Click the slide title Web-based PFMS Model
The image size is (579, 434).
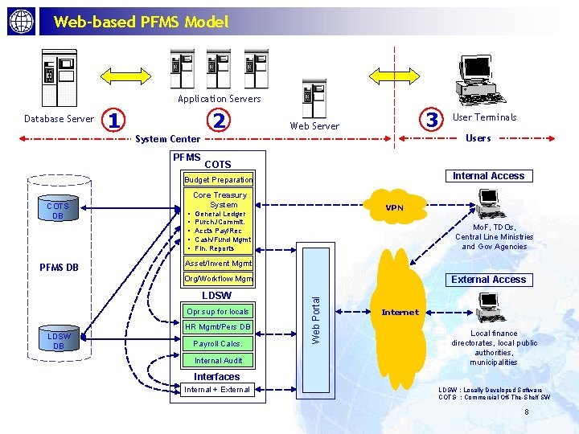pyautogui.click(x=141, y=23)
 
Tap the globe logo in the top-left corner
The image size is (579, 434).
pyautogui.click(x=22, y=22)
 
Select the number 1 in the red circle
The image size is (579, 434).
pyautogui.click(x=116, y=120)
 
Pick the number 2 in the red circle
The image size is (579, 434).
pyautogui.click(x=218, y=120)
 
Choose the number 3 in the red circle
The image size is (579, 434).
pyautogui.click(x=433, y=120)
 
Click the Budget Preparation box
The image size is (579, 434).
pyautogui.click(x=218, y=180)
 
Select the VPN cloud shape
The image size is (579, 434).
pyautogui.click(x=394, y=207)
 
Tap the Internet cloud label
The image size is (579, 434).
pyautogui.click(x=400, y=312)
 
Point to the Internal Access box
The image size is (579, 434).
pyautogui.click(x=488, y=176)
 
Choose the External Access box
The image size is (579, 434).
pyautogui.click(x=488, y=280)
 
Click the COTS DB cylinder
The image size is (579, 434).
pyautogui.click(x=57, y=211)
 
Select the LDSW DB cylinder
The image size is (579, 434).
pyautogui.click(x=58, y=340)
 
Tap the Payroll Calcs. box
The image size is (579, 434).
pyautogui.click(x=217, y=343)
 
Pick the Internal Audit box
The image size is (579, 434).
pyautogui.click(x=217, y=361)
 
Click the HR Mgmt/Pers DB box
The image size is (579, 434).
pyautogui.click(x=217, y=327)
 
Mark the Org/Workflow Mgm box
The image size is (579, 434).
pyautogui.click(x=218, y=279)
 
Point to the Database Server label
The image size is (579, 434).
pyautogui.click(x=59, y=119)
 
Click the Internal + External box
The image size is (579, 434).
pyautogui.click(x=217, y=390)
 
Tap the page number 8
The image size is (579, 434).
pyautogui.click(x=526, y=412)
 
